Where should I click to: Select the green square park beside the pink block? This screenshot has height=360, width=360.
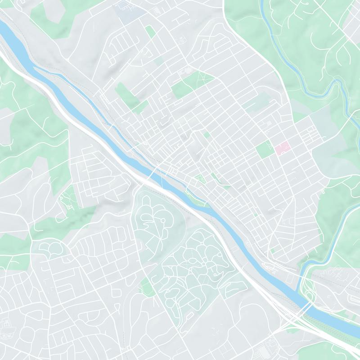265,149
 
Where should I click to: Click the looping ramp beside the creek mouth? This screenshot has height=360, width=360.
309,295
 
